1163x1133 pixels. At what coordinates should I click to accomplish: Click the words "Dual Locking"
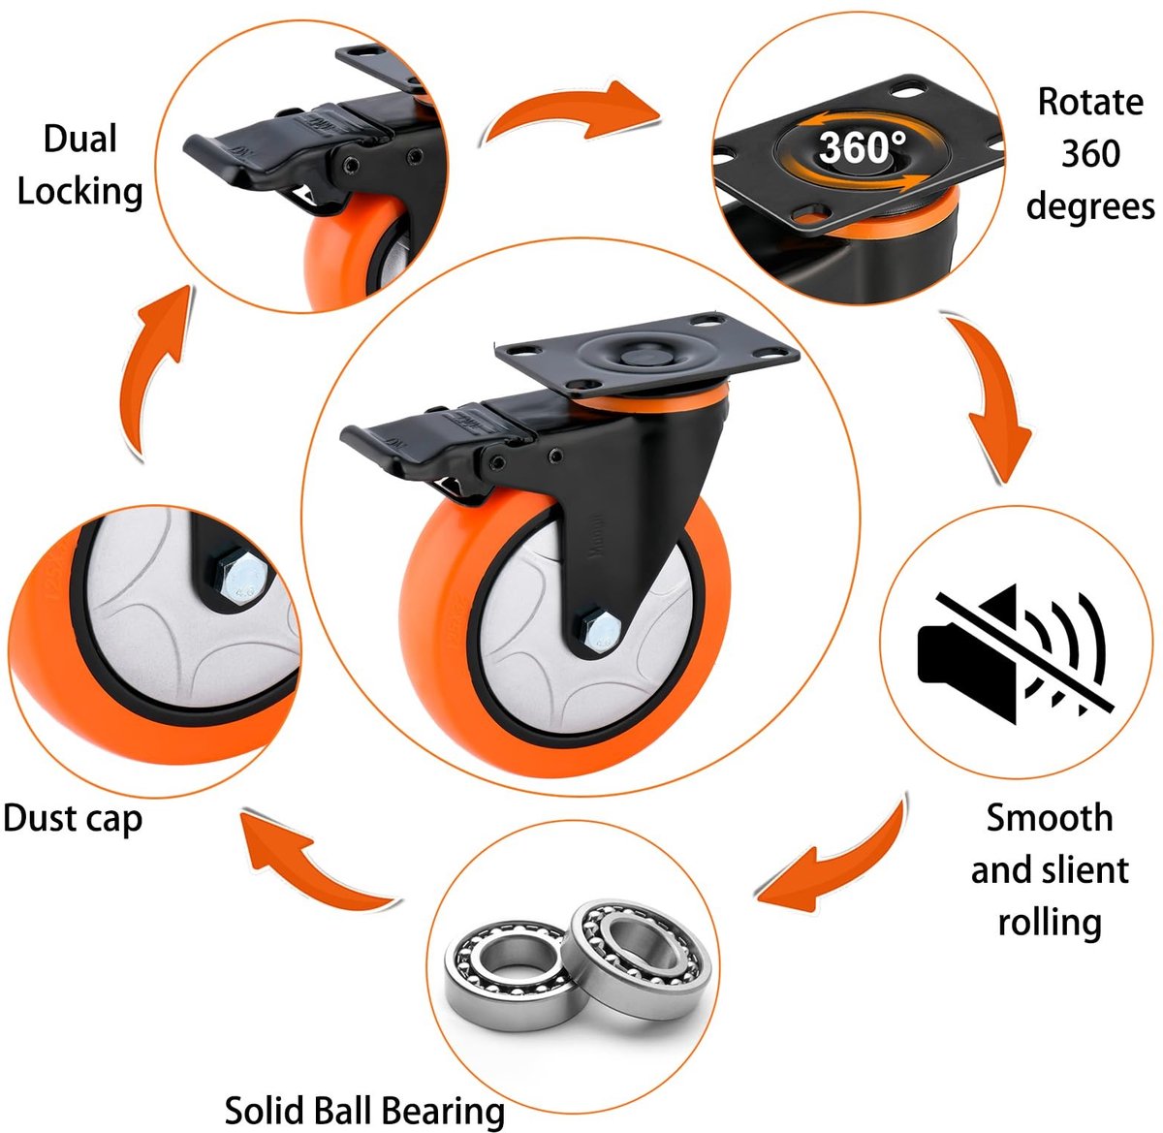coord(80,166)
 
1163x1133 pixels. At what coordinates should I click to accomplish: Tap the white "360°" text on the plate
coord(863,147)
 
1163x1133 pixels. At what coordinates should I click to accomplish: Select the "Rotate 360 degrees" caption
coord(1090,154)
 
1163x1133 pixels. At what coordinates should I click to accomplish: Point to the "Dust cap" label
coord(73,819)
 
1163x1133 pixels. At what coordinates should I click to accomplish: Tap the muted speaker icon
coord(1016,653)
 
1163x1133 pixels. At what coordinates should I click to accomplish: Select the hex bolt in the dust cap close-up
coord(242,578)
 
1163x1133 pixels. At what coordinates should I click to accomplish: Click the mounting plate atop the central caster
coord(646,355)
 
